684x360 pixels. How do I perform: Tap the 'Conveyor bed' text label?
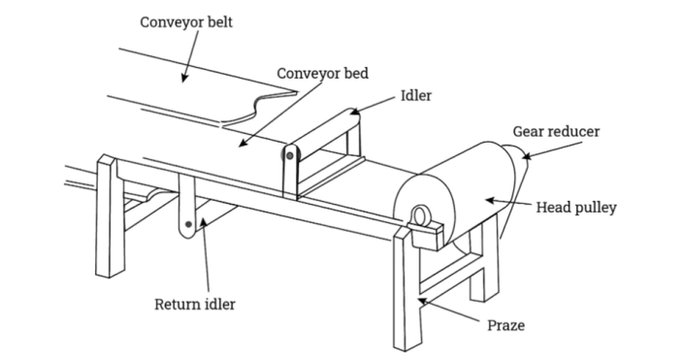323,73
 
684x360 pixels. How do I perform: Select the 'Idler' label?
416,97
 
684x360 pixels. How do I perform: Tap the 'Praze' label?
505,325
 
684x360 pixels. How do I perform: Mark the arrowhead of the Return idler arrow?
203,222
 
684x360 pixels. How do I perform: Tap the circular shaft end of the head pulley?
421,214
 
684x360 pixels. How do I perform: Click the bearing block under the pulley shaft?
426,231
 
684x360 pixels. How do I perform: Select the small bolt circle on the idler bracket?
287,153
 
